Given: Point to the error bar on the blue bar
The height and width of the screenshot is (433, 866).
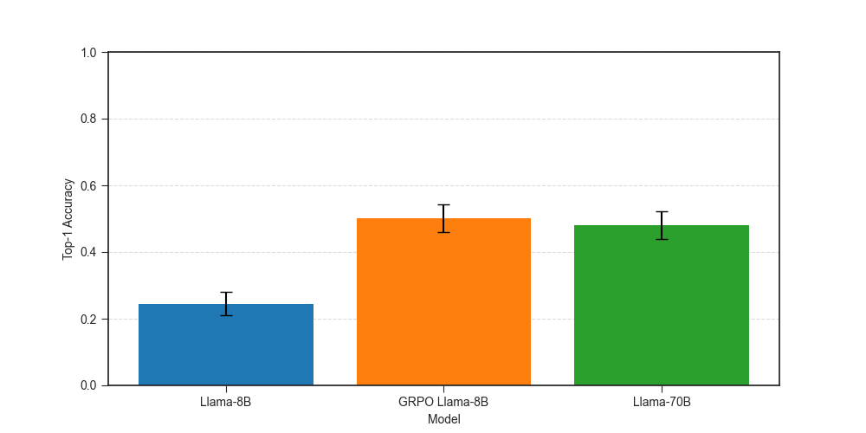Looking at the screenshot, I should (226, 304).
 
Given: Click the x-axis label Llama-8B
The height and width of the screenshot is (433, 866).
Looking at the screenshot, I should (225, 402).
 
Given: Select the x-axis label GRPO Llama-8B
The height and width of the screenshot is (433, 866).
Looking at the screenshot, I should (443, 402).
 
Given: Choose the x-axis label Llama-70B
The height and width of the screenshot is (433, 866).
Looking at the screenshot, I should (662, 402).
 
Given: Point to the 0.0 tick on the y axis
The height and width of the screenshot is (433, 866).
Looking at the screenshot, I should (90, 385).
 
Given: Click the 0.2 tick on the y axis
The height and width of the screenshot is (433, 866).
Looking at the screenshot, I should (90, 319).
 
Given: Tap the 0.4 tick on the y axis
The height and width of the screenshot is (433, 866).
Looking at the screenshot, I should (90, 252).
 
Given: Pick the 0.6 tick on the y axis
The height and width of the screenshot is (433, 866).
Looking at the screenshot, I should (90, 185).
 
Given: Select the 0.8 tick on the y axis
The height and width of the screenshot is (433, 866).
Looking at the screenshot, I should (90, 119).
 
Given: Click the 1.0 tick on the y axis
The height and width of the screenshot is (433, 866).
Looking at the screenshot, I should (90, 53).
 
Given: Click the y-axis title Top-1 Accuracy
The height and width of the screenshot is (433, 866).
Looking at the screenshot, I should (68, 219).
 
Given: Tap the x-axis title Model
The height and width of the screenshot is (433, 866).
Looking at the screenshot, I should (443, 419).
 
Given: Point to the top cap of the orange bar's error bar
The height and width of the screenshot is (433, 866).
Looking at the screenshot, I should (443, 204).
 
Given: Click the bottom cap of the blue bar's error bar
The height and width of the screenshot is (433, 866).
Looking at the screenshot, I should (226, 315).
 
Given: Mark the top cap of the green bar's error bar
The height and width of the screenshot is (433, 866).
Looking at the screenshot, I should (662, 211).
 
